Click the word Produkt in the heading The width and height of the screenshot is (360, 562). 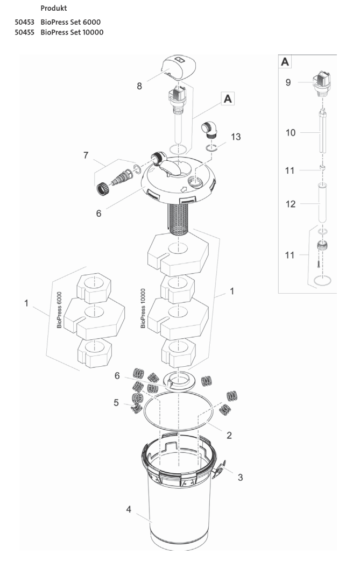(54, 9)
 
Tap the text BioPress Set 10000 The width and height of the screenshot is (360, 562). (72, 32)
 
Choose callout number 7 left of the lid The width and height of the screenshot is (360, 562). (86, 155)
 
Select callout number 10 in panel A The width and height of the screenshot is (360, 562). (291, 132)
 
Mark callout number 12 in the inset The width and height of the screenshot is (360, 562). (291, 204)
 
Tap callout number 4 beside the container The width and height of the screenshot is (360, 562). (129, 509)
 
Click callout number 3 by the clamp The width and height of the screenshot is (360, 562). (241, 476)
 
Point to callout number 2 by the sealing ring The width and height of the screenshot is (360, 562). (229, 435)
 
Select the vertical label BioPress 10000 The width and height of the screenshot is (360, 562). (143, 307)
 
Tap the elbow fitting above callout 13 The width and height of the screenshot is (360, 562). (209, 131)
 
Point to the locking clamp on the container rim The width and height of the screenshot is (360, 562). (220, 471)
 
